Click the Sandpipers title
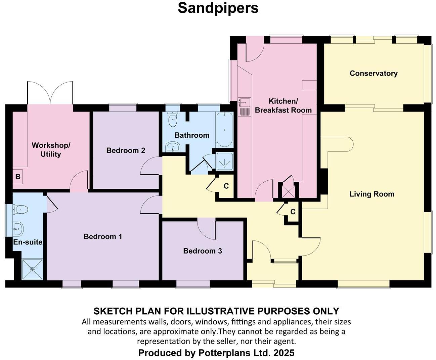(218, 8)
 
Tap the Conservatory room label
(374, 73)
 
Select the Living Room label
(372, 194)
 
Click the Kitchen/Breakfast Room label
(283, 106)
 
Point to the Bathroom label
(192, 135)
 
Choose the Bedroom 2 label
(126, 150)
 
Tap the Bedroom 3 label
(203, 251)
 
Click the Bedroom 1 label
(103, 237)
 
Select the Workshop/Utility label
(51, 150)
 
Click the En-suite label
(28, 242)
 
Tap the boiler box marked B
(18, 177)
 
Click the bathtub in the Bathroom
(224, 130)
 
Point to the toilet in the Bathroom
(173, 119)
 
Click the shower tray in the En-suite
(32, 269)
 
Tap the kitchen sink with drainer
(245, 107)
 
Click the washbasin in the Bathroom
(173, 147)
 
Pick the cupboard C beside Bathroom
(226, 186)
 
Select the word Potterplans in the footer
(225, 353)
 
